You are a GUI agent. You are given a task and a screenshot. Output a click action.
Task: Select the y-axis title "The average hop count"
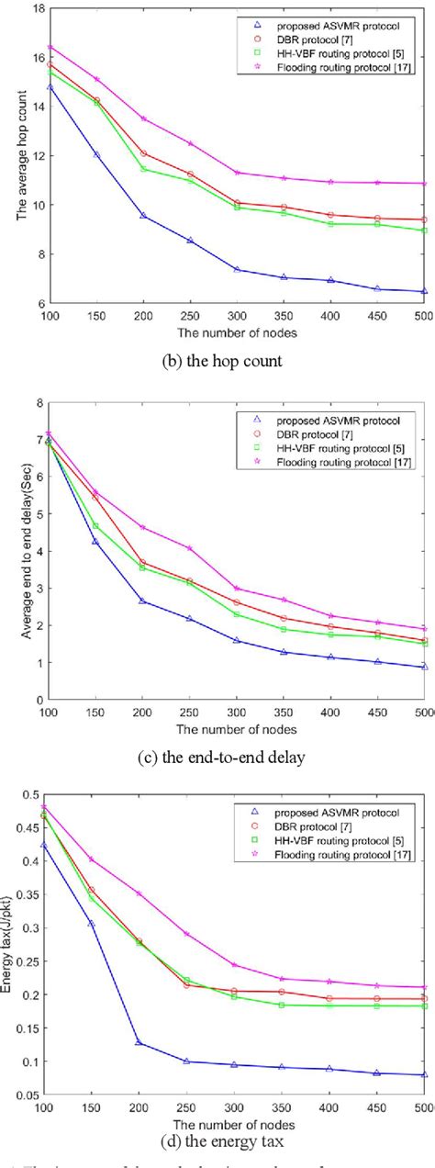17,155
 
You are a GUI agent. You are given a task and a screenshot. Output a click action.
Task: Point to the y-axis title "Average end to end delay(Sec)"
17,550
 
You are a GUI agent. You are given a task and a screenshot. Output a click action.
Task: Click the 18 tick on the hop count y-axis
42,8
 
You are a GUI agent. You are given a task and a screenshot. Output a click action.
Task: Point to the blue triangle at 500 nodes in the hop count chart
423,291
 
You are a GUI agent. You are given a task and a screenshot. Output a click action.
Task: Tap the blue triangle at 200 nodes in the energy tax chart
142,1042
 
